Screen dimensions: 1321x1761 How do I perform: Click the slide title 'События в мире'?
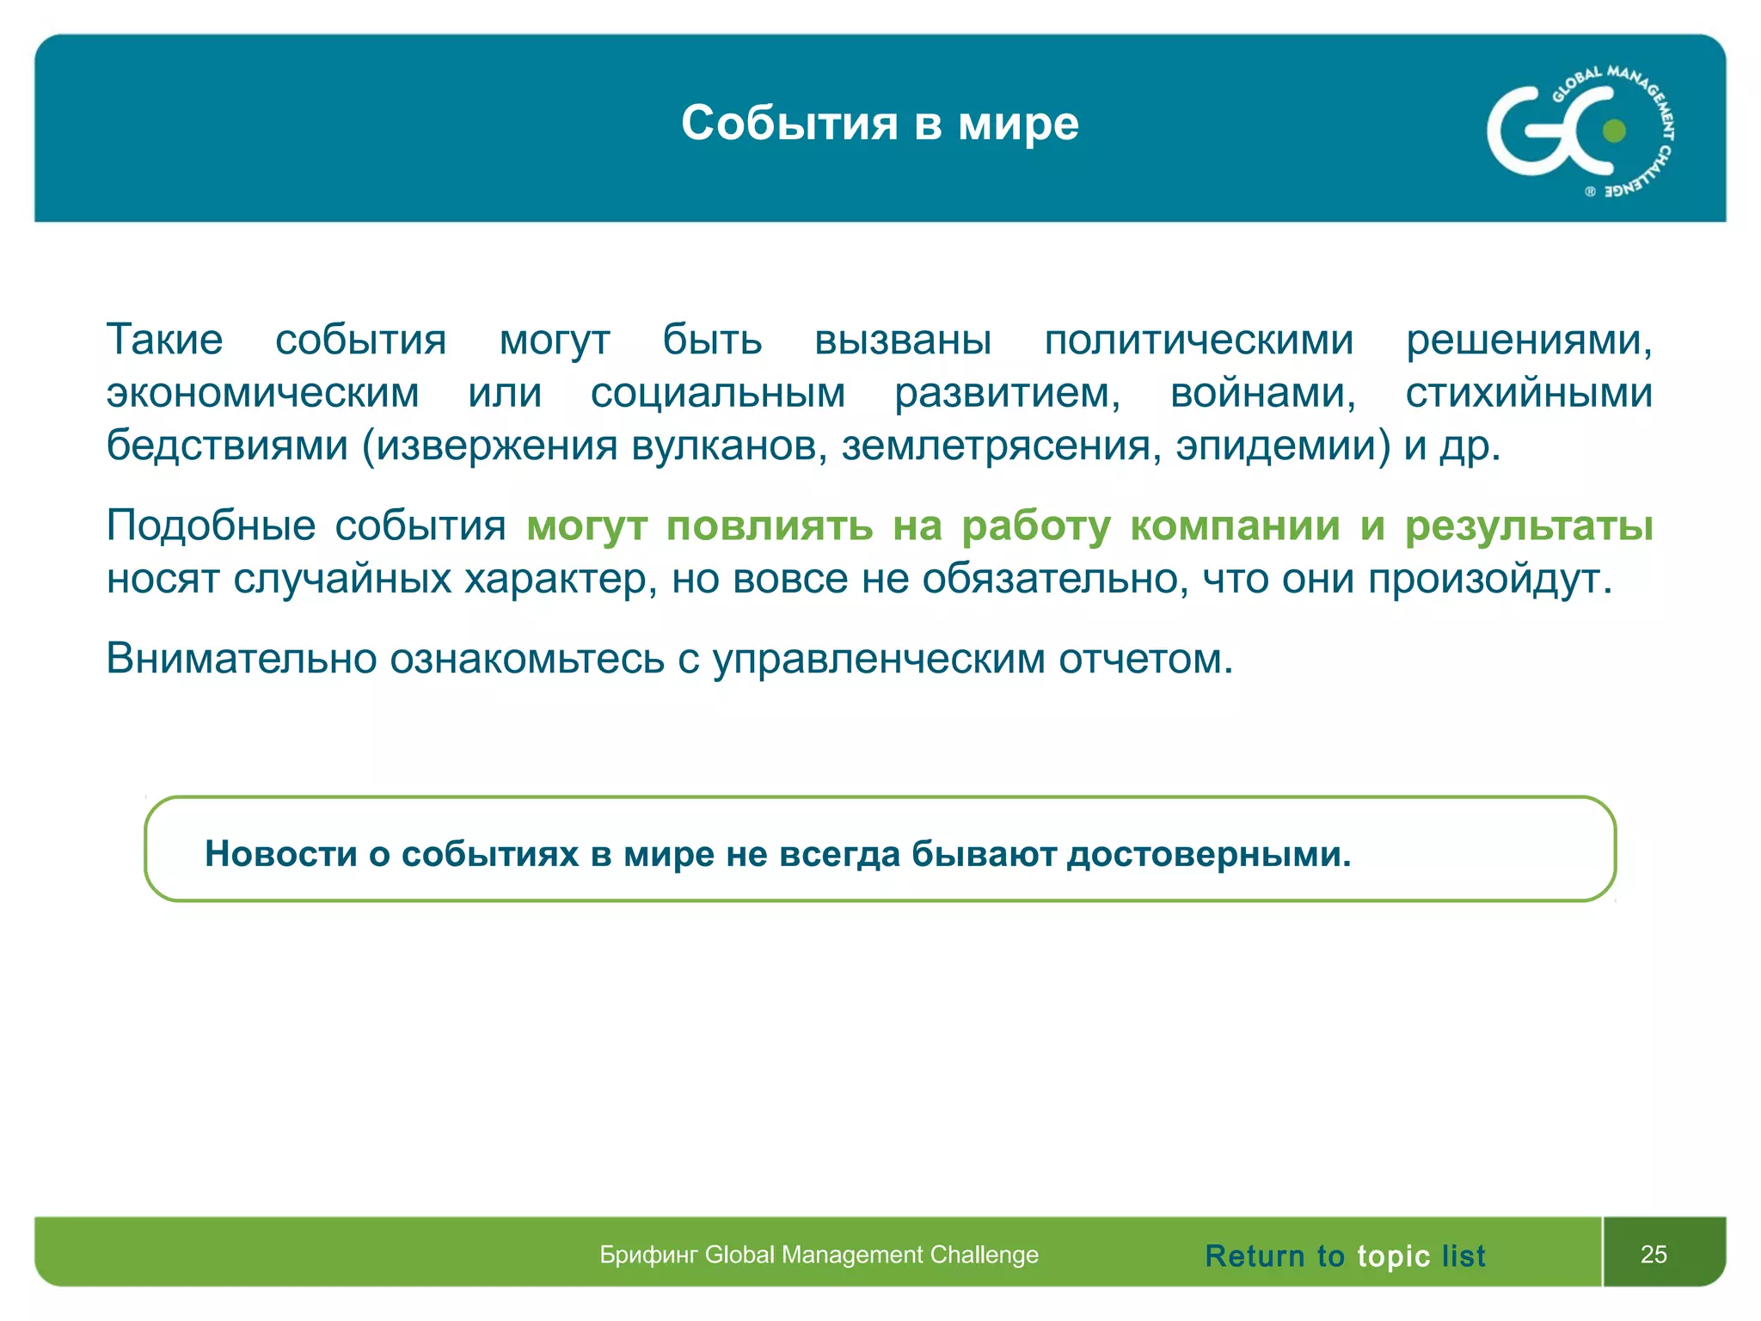(x=880, y=123)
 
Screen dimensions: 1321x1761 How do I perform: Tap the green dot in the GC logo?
(x=1614, y=131)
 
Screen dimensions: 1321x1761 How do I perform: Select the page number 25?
(x=1653, y=1254)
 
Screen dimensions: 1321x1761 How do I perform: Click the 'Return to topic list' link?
(x=1345, y=1256)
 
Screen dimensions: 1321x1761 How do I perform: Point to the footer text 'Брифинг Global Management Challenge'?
(x=819, y=1255)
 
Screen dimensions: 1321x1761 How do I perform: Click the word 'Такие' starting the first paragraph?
(x=164, y=340)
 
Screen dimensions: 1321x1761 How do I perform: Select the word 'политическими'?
(x=1199, y=340)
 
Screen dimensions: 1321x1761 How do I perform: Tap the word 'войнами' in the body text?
(x=1262, y=393)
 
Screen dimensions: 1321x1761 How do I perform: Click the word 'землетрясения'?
(x=1001, y=445)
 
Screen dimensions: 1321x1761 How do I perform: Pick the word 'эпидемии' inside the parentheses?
(x=1281, y=445)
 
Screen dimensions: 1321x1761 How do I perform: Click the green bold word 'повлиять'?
(x=770, y=525)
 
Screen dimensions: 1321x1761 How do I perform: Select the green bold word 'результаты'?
(x=1528, y=525)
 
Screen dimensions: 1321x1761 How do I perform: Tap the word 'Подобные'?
(x=211, y=525)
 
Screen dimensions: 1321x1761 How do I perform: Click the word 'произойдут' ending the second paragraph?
(x=1488, y=579)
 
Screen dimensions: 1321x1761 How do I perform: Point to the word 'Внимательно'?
(x=242, y=659)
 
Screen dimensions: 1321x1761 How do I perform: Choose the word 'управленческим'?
(x=879, y=659)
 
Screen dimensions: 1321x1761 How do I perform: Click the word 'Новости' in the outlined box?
(x=280, y=853)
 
